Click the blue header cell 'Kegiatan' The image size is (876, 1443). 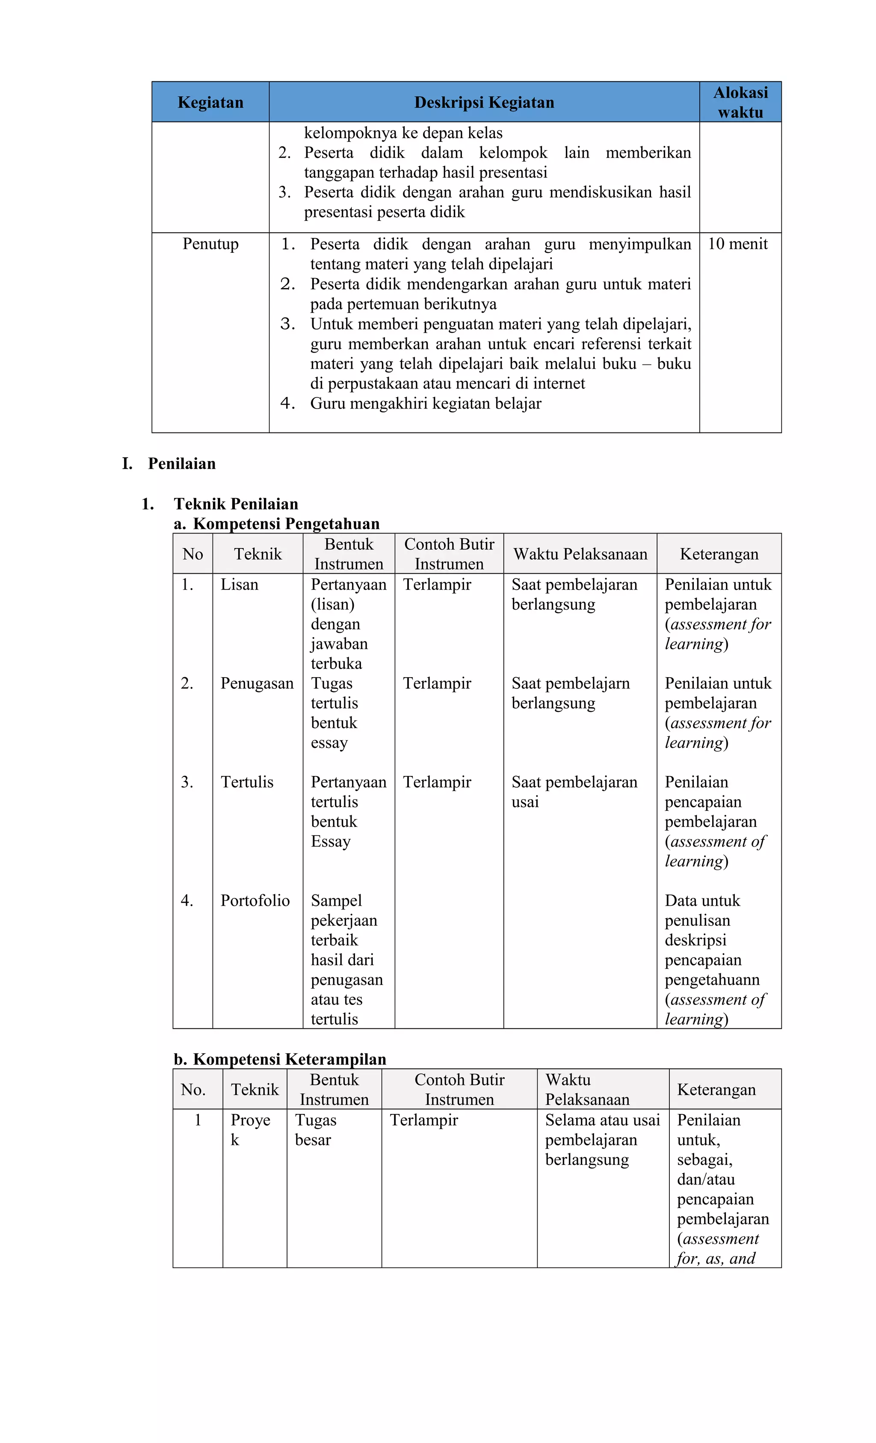click(x=210, y=103)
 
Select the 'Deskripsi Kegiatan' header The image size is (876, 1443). click(x=484, y=103)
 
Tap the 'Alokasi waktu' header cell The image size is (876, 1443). click(x=740, y=103)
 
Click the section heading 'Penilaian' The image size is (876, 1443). click(x=181, y=464)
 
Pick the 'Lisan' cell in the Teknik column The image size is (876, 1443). click(x=239, y=584)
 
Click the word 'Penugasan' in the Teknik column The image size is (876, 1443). click(x=257, y=684)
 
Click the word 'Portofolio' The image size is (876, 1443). click(x=255, y=900)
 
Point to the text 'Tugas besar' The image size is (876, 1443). click(x=315, y=1130)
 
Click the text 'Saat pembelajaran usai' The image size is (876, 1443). click(x=574, y=792)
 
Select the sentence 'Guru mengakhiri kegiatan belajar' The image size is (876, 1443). click(x=425, y=403)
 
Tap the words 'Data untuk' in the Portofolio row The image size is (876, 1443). click(x=702, y=900)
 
